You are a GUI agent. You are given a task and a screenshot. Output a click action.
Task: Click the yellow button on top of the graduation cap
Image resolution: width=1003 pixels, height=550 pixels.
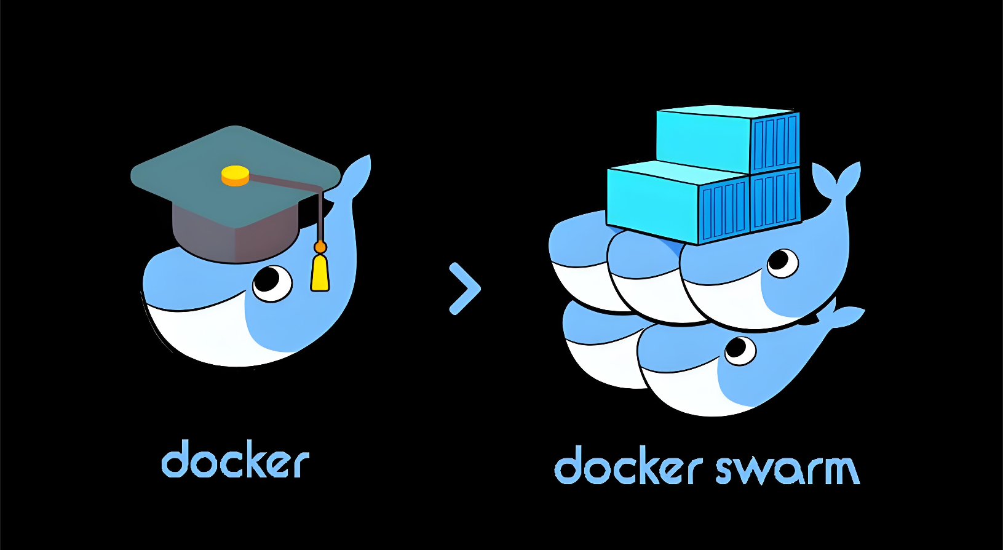pos(235,176)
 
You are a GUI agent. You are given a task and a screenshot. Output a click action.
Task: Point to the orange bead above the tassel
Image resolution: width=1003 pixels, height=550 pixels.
pos(320,247)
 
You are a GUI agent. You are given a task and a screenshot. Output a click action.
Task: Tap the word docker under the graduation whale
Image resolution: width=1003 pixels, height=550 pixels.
pos(235,461)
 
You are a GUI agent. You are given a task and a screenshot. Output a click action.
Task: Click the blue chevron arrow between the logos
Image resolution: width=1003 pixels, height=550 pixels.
pos(465,289)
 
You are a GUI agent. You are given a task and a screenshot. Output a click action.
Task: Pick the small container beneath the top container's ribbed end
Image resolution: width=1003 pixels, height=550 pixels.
pos(775,199)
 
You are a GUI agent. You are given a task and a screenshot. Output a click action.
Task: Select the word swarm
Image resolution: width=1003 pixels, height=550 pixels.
pos(787,470)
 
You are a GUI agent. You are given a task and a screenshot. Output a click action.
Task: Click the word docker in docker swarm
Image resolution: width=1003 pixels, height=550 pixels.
pos(628,467)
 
